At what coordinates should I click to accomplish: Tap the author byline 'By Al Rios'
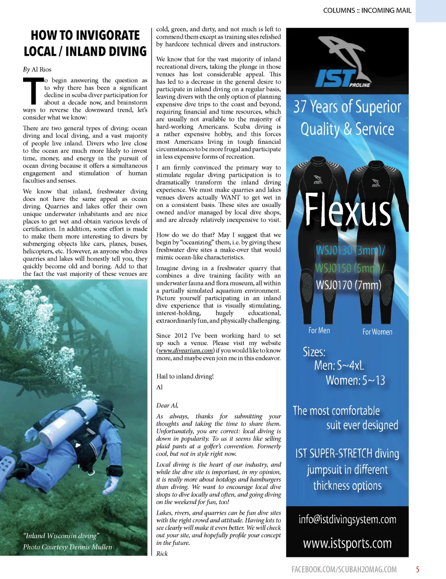click(x=37, y=69)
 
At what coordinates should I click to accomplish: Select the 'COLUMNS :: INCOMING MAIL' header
click(x=367, y=10)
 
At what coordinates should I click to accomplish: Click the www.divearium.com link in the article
click(x=186, y=350)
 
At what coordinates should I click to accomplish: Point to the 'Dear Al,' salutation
click(x=167, y=405)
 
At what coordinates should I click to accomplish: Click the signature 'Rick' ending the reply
click(x=162, y=553)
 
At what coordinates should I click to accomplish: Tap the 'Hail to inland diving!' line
click(x=185, y=376)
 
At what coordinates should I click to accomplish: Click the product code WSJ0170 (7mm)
click(x=348, y=285)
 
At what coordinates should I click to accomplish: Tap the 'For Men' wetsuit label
click(x=319, y=331)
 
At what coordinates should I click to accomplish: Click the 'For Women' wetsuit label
click(x=377, y=332)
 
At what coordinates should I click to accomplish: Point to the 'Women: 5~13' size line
click(x=355, y=380)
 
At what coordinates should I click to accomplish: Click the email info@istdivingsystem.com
click(x=347, y=519)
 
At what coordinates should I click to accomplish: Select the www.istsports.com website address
click(x=347, y=543)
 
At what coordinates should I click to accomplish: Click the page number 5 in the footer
click(x=417, y=569)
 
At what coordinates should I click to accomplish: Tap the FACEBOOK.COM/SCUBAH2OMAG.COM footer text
click(x=344, y=569)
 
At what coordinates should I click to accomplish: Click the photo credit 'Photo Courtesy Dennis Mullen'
click(x=68, y=547)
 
